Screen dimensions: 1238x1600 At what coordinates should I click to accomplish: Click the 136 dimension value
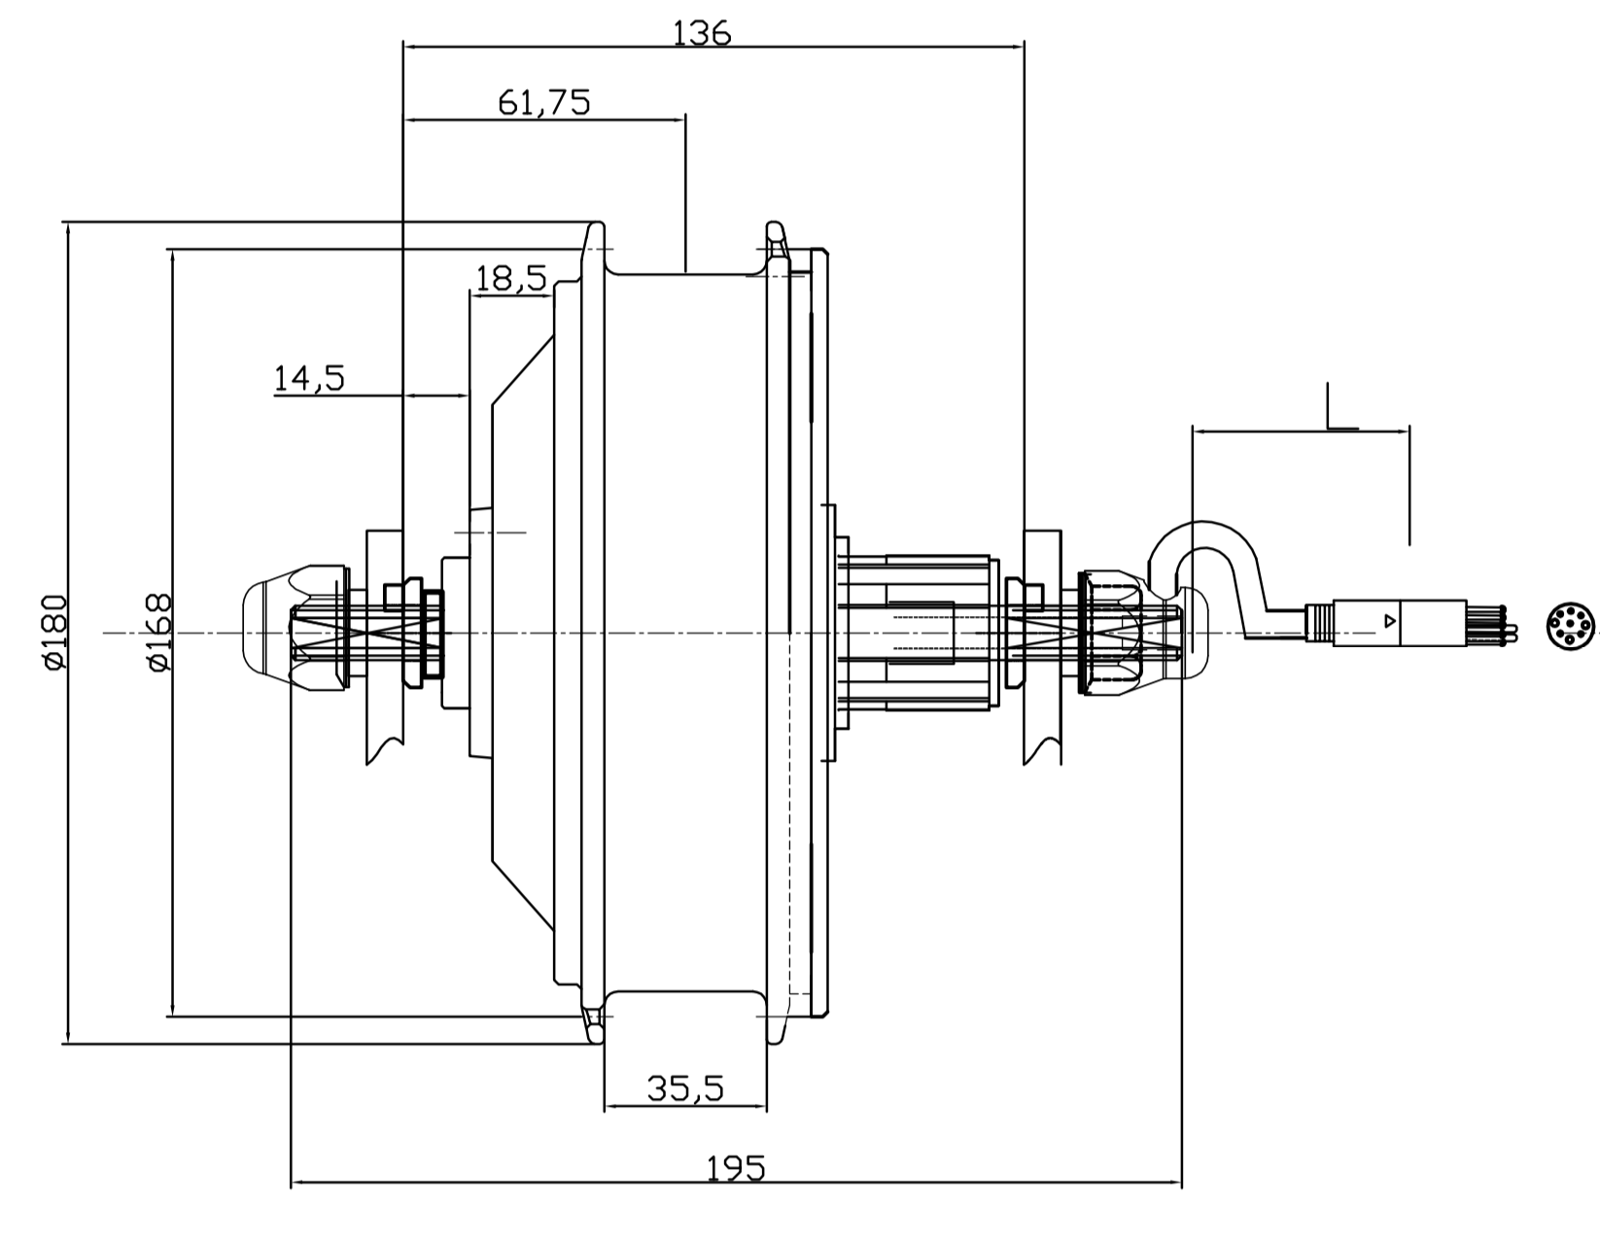[701, 34]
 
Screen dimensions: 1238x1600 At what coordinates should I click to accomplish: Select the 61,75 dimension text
[543, 102]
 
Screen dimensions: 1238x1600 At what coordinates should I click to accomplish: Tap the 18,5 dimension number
[510, 279]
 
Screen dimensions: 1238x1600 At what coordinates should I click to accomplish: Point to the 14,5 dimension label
[309, 378]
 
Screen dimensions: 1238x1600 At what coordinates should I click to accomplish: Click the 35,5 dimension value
[685, 1089]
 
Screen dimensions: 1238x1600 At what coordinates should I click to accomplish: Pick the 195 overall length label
[736, 1167]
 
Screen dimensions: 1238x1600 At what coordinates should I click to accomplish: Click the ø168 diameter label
[159, 632]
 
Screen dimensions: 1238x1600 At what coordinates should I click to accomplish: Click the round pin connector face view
[1570, 625]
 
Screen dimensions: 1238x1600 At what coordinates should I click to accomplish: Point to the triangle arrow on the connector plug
[1390, 620]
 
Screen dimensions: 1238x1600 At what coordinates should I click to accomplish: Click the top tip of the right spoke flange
[774, 228]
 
